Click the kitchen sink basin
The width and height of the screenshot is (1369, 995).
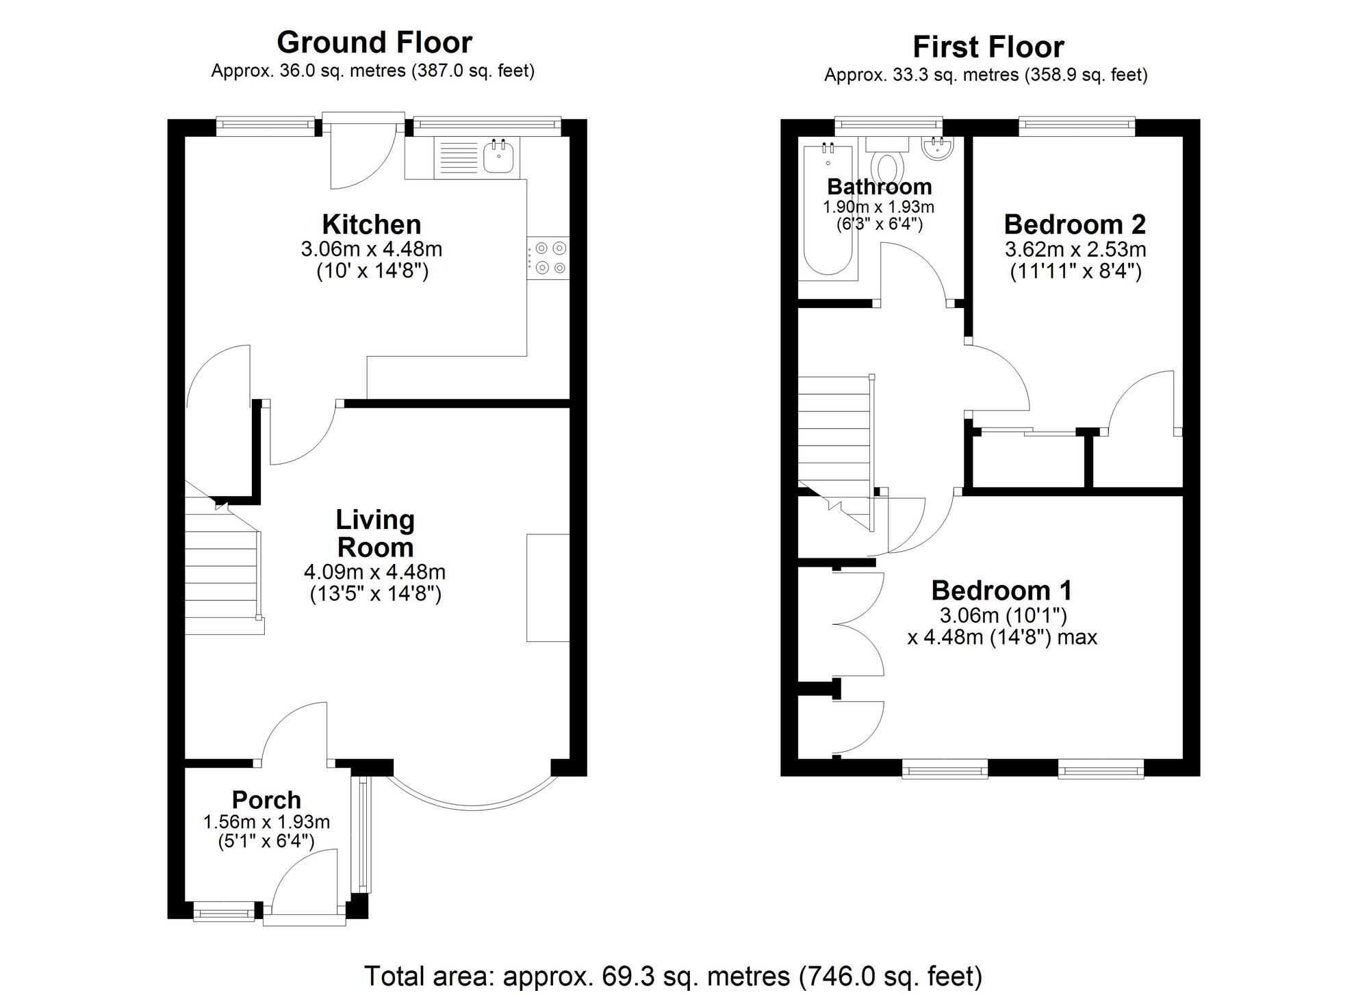pos(499,156)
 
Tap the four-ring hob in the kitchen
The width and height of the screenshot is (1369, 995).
pos(548,258)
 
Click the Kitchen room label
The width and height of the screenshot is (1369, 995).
pos(372,224)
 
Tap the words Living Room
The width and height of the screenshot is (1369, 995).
pos(375,534)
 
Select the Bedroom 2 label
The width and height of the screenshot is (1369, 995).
pos(1075,224)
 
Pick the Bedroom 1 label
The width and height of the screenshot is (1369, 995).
pos(1001,590)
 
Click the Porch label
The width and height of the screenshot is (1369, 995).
pos(266,799)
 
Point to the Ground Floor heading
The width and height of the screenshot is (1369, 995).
pos(374,42)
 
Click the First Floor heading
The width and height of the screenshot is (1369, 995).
pos(988,47)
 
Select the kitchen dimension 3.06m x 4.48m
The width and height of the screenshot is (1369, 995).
pos(372,248)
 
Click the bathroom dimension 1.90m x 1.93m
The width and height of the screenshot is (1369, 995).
pos(878,207)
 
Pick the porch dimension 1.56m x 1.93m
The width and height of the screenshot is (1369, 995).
pos(266,822)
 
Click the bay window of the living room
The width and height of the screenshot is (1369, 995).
pos(473,805)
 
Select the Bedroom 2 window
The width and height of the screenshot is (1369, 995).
pos(1077,123)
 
